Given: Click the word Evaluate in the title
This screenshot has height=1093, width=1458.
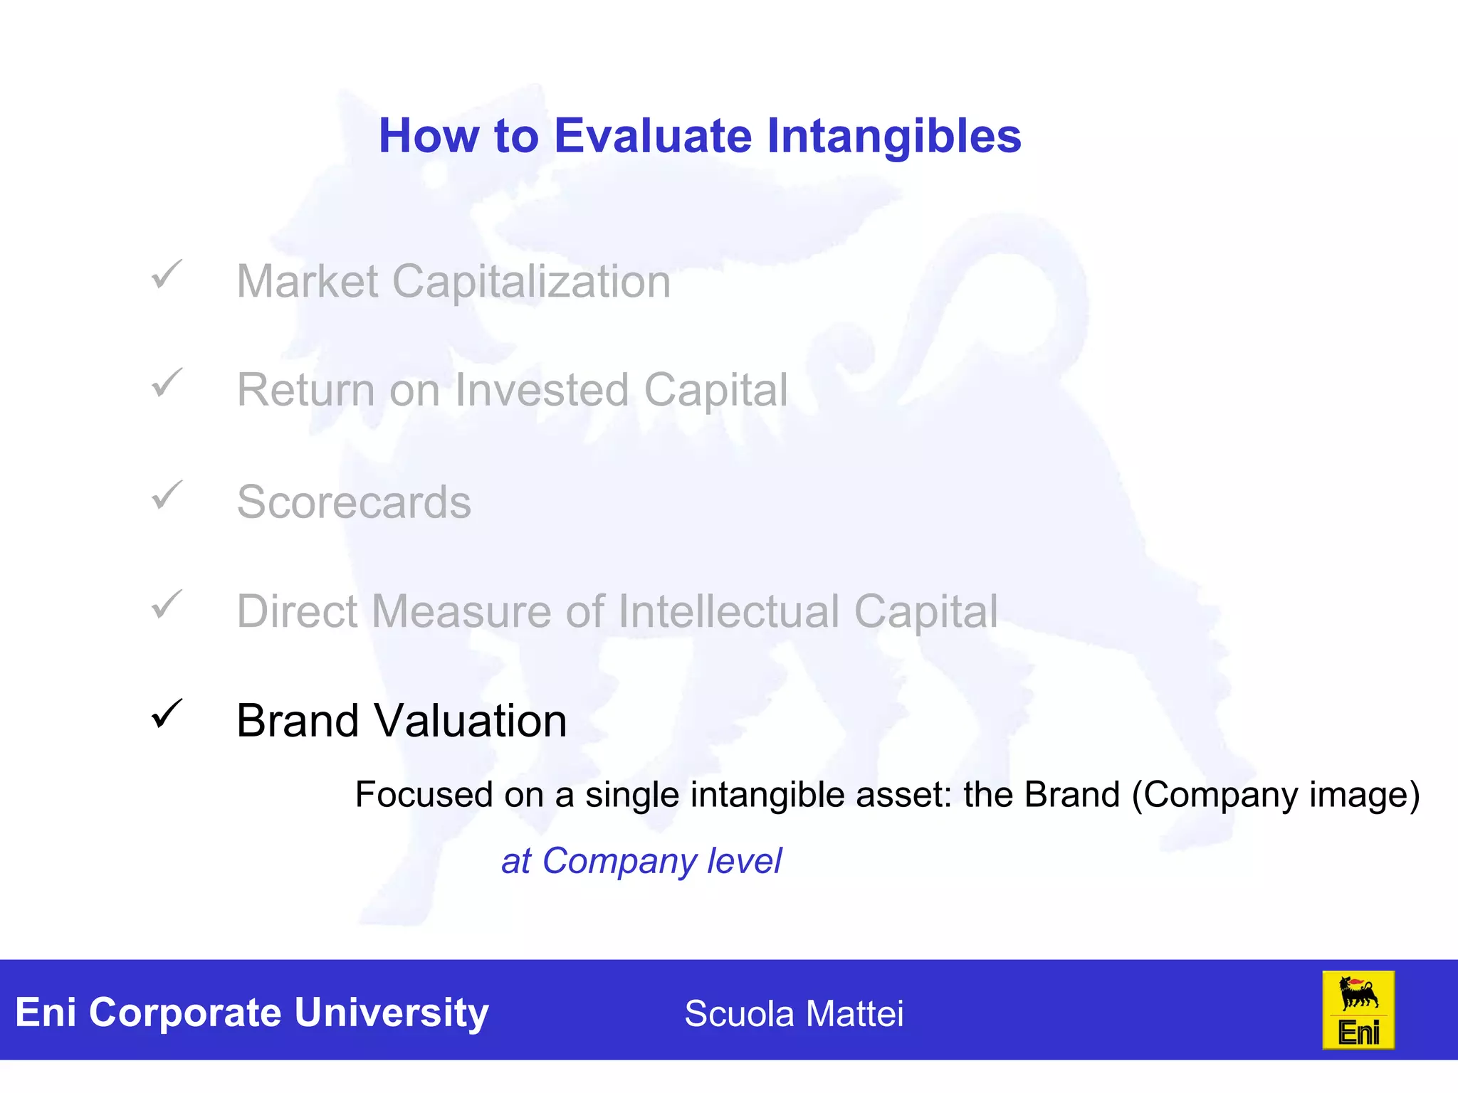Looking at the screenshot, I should (652, 136).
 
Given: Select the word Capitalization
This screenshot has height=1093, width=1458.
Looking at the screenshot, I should (531, 282).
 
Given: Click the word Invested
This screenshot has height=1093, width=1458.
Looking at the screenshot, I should (541, 390).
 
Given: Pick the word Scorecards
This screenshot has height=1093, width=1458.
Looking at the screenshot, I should (354, 502).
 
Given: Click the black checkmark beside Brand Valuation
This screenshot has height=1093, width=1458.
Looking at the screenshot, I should (167, 714).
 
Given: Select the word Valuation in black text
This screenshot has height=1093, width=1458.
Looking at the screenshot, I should (471, 721).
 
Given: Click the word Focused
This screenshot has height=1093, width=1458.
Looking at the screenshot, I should (424, 794).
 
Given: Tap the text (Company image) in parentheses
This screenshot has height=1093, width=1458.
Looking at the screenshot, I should (1276, 796).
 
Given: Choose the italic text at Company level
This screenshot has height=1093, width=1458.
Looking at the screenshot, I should (641, 861).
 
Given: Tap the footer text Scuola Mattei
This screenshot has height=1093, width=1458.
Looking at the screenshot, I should (794, 1013).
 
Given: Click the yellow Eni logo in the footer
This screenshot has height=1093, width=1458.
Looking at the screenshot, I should (1358, 1010).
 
